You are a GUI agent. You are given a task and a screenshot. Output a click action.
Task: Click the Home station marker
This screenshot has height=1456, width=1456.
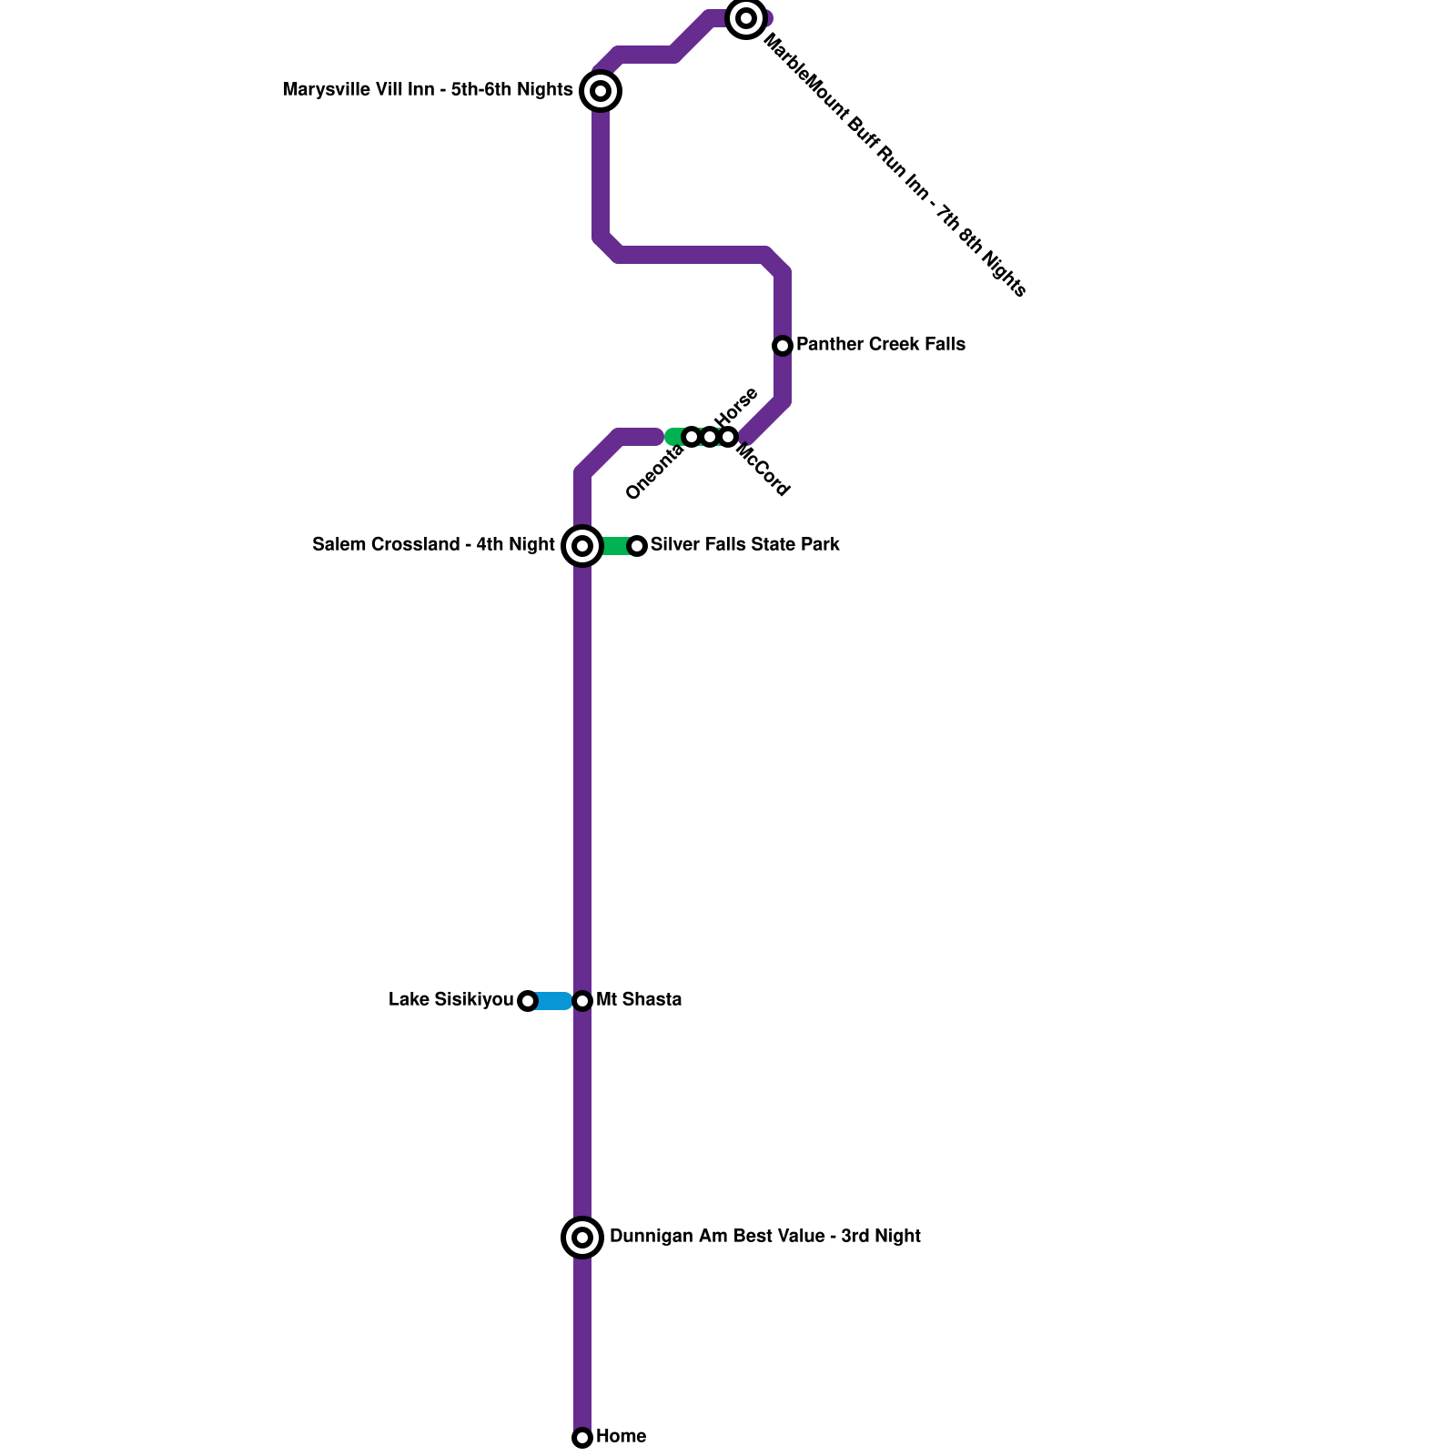[x=582, y=1438]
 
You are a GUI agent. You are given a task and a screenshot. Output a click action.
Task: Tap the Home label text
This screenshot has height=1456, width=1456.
[x=622, y=1437]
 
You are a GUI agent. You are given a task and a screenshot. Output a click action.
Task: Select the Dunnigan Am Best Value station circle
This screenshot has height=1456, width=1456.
[x=583, y=1238]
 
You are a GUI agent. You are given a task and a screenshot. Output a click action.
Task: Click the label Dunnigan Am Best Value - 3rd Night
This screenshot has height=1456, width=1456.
[x=764, y=1237]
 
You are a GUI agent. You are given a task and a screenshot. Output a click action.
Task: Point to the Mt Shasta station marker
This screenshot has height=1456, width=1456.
[x=583, y=1001]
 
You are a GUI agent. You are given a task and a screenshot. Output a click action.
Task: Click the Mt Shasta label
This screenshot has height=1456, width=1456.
[x=639, y=1000]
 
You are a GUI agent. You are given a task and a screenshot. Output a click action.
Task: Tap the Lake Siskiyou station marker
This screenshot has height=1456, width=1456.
[x=528, y=1001]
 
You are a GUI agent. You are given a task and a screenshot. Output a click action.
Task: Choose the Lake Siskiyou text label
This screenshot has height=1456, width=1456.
[x=450, y=1000]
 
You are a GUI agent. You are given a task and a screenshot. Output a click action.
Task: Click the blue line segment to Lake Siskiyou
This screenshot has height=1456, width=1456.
[x=552, y=1001]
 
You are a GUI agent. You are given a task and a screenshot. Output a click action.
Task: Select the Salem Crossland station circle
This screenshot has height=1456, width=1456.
[x=582, y=546]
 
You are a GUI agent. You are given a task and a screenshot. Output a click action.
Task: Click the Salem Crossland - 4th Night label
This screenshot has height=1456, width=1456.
[x=433, y=545]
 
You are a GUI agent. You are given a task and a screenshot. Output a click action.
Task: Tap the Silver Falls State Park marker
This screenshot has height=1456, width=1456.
[x=637, y=546]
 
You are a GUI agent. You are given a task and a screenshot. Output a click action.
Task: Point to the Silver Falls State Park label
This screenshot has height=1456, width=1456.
[x=744, y=545]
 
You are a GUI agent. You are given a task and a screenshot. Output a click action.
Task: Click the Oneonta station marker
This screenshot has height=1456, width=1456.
[x=692, y=437]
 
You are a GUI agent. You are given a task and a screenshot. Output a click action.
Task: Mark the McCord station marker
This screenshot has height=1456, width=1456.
[x=728, y=437]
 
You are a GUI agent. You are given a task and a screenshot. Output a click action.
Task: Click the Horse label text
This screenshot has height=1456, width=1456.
[x=736, y=407]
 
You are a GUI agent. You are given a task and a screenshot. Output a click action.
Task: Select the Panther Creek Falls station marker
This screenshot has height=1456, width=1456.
[x=783, y=346]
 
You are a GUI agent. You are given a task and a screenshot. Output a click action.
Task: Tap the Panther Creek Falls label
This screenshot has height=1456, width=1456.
[x=880, y=345]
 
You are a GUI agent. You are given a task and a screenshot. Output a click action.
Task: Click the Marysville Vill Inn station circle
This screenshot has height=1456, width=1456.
[x=601, y=91]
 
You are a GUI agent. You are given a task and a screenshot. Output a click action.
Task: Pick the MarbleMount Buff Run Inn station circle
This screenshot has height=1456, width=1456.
[x=746, y=18]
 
